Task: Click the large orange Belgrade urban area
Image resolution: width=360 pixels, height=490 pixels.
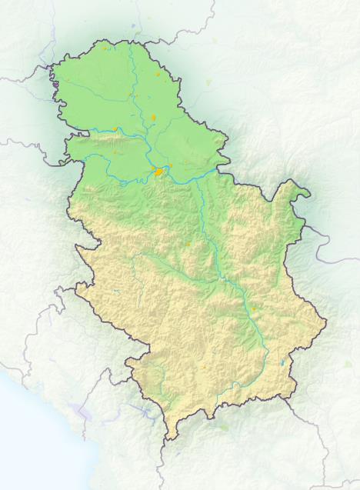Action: click(159, 172)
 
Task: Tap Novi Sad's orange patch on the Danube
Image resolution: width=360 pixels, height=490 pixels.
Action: click(117, 129)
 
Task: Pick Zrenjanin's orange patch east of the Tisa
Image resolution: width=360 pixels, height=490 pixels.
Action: click(153, 118)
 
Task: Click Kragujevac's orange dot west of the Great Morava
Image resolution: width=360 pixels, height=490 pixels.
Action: click(187, 244)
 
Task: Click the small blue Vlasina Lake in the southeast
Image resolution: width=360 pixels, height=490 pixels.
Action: click(283, 362)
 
